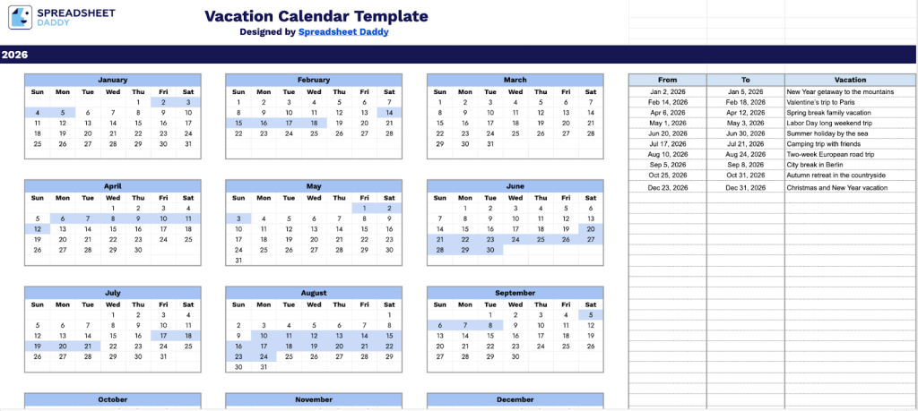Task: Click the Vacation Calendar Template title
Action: pos(316,17)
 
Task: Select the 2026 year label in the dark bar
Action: pos(14,55)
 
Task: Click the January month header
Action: pos(112,80)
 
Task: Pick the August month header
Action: pos(314,293)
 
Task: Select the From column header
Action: pos(667,80)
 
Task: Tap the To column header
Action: pos(745,80)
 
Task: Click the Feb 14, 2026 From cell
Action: pos(667,103)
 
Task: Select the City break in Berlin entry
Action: pos(815,165)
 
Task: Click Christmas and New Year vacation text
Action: pos(836,188)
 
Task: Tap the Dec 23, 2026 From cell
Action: pos(667,188)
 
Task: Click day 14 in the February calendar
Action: pos(389,112)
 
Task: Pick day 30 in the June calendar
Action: pos(489,250)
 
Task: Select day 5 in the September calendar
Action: pos(590,314)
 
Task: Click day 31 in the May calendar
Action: pos(238,261)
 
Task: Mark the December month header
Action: pos(515,399)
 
